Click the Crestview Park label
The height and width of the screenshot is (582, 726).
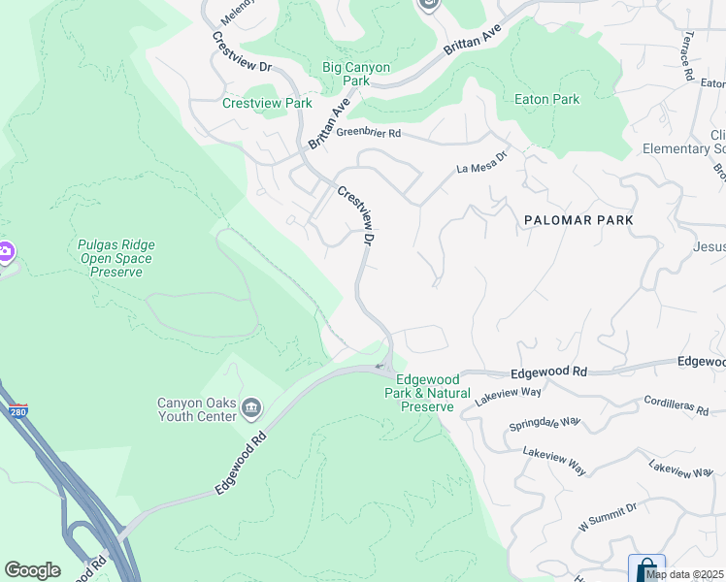tap(267, 103)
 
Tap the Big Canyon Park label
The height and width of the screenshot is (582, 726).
tap(356, 74)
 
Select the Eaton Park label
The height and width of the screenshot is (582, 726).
tap(546, 99)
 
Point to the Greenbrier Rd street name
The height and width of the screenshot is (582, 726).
tap(368, 133)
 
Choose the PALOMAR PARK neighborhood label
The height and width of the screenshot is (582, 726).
tap(578, 220)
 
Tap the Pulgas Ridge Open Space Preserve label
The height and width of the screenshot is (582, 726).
tap(115, 258)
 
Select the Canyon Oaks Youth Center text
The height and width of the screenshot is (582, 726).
tap(197, 409)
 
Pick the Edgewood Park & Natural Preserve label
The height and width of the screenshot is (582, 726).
tap(434, 393)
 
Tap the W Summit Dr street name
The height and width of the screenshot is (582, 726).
tap(608, 517)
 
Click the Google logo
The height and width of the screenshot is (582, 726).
tap(32, 570)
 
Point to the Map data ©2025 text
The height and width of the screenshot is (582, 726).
tap(685, 574)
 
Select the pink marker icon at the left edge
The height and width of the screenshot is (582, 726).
tap(5, 252)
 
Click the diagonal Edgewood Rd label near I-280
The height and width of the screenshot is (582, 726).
tap(239, 464)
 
